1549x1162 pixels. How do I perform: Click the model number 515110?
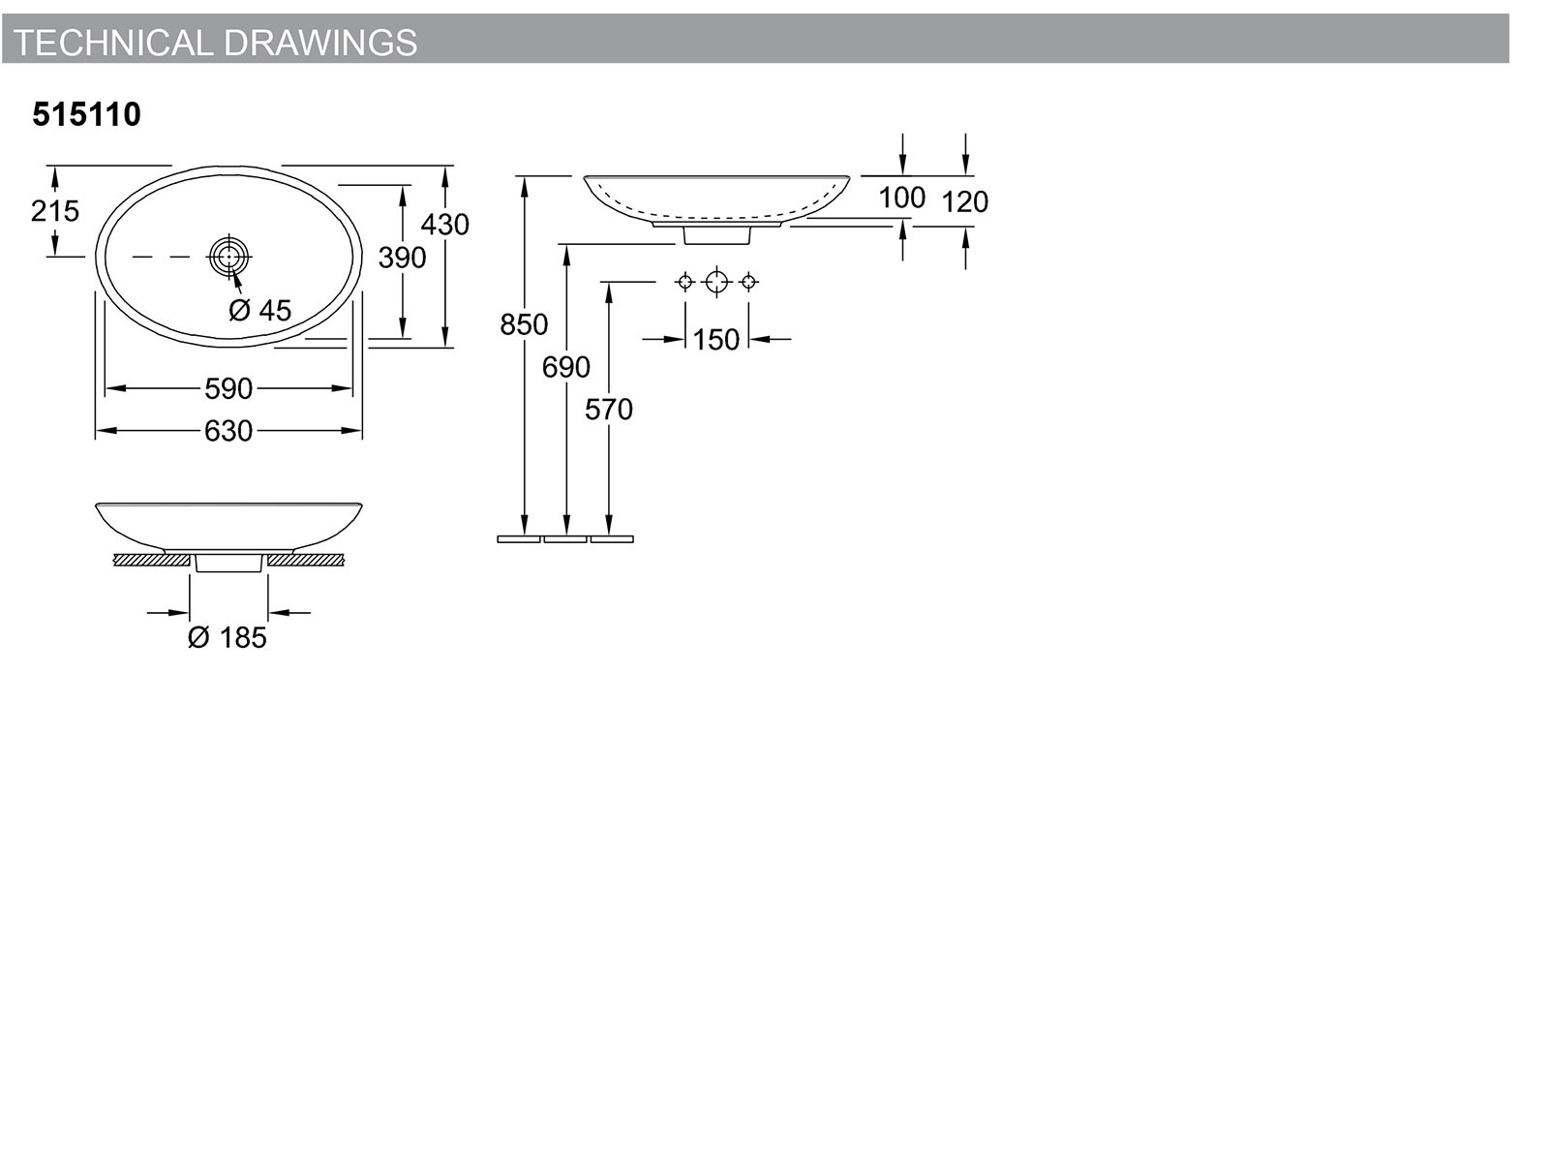(x=87, y=114)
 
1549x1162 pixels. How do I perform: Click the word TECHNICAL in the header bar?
(x=113, y=43)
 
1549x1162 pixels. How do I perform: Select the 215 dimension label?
(x=55, y=211)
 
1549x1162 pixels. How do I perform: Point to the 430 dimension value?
(x=444, y=225)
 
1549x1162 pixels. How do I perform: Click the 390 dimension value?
(x=402, y=258)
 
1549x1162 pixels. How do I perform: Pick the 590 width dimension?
(x=228, y=388)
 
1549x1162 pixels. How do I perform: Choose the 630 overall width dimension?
(x=228, y=431)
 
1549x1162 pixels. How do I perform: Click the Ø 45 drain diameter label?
(x=260, y=311)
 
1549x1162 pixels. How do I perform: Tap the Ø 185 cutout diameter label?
(x=228, y=638)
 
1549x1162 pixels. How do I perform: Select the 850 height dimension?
(x=524, y=324)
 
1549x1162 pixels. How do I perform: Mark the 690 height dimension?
(x=566, y=367)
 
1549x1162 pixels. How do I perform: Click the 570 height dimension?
(x=608, y=410)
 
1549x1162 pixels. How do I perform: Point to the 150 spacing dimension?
(x=715, y=340)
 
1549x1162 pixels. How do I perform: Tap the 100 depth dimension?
(x=902, y=198)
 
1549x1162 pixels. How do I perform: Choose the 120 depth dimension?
(x=964, y=201)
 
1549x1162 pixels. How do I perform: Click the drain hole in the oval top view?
(x=229, y=257)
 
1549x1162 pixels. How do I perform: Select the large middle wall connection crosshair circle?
(x=717, y=282)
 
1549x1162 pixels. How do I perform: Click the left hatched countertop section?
(x=152, y=561)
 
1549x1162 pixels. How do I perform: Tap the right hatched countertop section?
(x=306, y=561)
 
